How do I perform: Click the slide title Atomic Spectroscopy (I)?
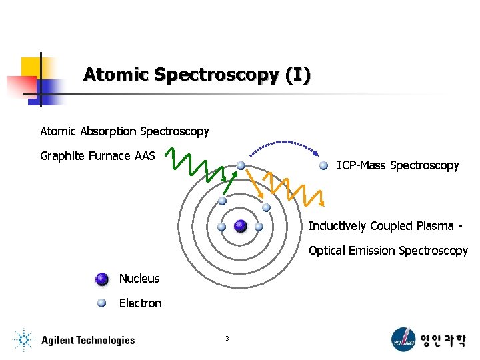(197, 75)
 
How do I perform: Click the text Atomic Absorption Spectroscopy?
(125, 131)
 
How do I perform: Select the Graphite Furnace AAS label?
(97, 156)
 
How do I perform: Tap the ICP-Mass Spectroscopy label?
(397, 165)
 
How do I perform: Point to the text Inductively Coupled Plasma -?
(385, 226)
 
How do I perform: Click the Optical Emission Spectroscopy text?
(388, 251)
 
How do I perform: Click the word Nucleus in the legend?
(139, 279)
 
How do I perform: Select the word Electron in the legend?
(140, 303)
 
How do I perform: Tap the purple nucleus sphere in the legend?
(101, 279)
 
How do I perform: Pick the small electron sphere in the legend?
(101, 303)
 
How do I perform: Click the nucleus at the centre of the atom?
(241, 226)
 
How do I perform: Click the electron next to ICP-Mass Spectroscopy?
(323, 165)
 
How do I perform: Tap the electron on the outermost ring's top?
(241, 165)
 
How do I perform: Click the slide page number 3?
(227, 339)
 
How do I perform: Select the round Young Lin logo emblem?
(403, 339)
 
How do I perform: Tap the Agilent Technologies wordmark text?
(87, 341)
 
